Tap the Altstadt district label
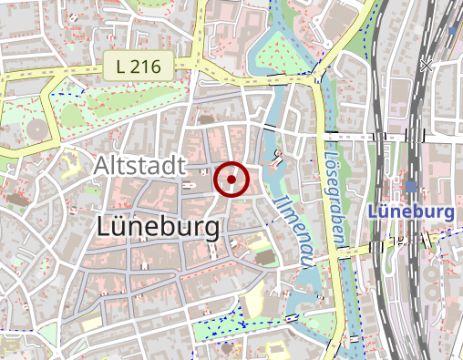pyautogui.click(x=139, y=166)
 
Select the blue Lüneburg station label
pyautogui.click(x=411, y=211)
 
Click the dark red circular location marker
pyautogui.click(x=231, y=180)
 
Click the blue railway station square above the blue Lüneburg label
pyautogui.click(x=412, y=186)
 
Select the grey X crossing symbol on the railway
pyautogui.click(x=426, y=66)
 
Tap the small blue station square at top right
pyautogui.click(x=451, y=30)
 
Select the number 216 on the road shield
pyautogui.click(x=139, y=65)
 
